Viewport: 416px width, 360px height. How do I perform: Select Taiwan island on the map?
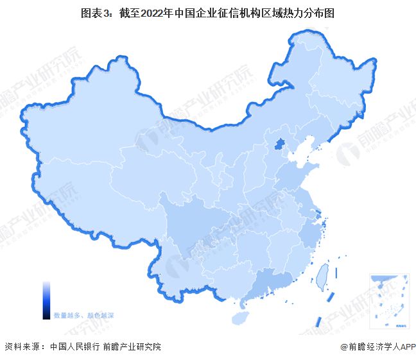coord(323,275)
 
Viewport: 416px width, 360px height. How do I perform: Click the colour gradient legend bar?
coord(46,300)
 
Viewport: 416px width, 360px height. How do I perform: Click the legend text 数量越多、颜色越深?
coord(83,316)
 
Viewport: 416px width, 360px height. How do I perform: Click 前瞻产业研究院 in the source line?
coord(131,347)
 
